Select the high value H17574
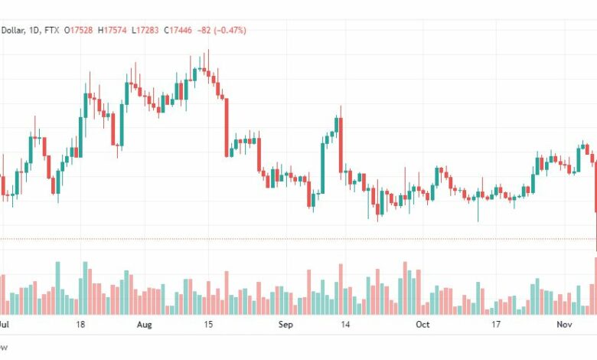coord(116,31)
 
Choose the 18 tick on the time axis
coord(80,325)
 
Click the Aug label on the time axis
coord(145,325)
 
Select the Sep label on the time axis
coord(285,325)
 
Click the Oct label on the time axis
coord(422,325)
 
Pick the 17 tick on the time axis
coord(496,325)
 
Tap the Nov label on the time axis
coord(564,325)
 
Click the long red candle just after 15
coord(227,127)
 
